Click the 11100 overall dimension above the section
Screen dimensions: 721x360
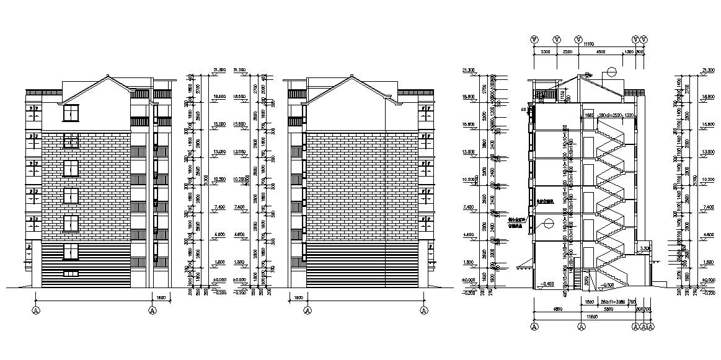click(x=588, y=45)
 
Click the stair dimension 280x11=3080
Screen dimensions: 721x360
click(x=612, y=302)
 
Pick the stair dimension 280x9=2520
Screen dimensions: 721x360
click(x=607, y=115)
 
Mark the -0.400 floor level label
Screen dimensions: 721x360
click(x=547, y=284)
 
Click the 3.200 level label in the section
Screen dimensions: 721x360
click(x=645, y=248)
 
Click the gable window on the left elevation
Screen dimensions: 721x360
click(x=71, y=113)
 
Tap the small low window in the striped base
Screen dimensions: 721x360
click(x=71, y=273)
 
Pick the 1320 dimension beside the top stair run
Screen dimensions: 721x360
click(x=629, y=115)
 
